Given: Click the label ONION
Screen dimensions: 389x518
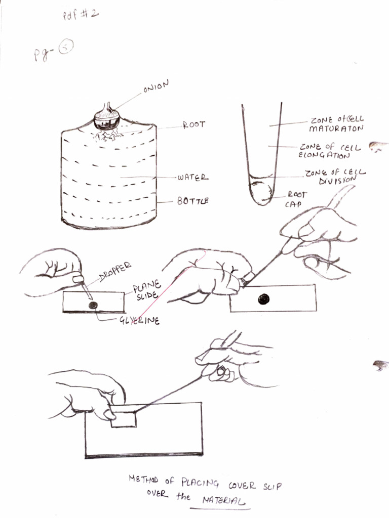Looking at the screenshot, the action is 156,86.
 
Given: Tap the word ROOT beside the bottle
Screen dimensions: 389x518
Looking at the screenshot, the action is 194,125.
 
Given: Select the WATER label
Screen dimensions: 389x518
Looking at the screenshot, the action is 193,178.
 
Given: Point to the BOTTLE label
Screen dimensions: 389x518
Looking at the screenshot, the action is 193,201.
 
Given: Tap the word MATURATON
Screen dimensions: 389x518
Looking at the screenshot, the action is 336,128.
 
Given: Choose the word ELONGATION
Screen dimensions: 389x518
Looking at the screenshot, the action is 324,155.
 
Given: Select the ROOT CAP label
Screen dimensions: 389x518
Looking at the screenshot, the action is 296,199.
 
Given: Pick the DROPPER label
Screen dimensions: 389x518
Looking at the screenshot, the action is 115,272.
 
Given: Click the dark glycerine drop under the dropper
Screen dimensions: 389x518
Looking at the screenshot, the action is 93,305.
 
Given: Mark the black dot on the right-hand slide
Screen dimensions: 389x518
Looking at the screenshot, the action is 263,299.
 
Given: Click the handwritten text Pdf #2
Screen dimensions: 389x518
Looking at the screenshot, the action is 81,14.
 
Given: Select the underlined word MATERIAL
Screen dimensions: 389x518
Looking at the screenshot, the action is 223,500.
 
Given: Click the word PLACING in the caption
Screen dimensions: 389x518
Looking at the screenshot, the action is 200,483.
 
